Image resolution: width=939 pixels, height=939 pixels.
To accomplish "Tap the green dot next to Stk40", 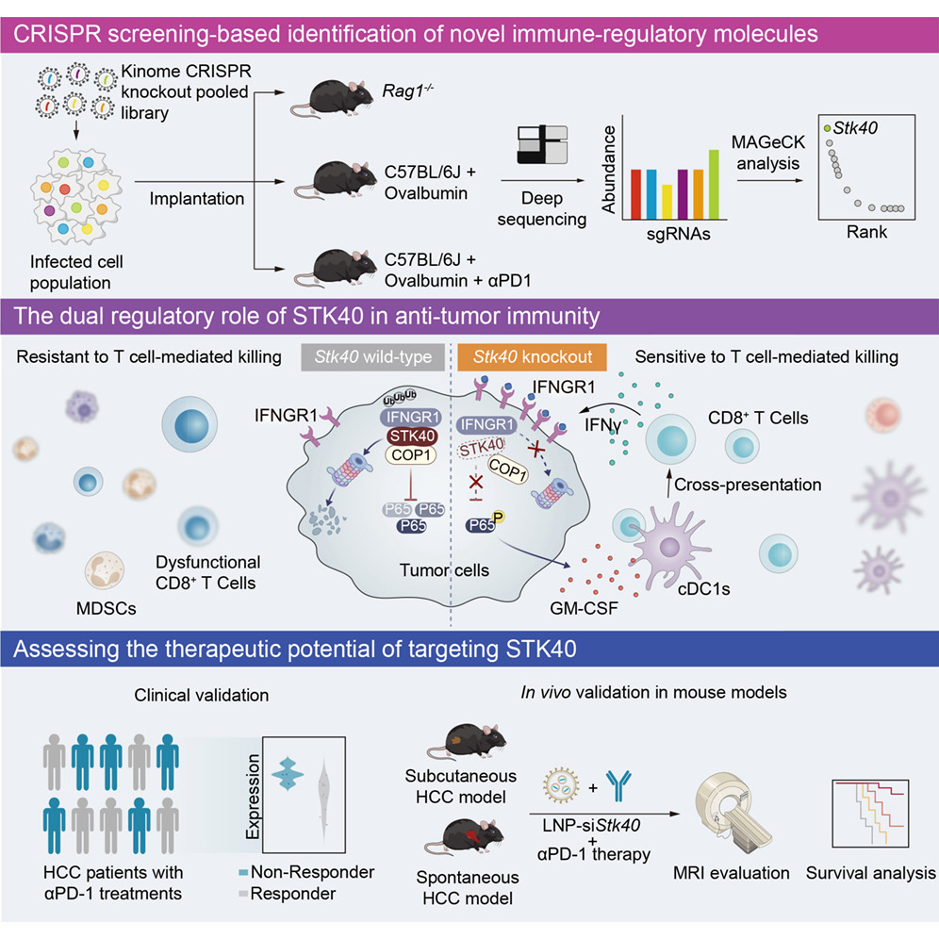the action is (827, 128).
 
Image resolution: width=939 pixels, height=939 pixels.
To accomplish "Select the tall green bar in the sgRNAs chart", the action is (714, 185).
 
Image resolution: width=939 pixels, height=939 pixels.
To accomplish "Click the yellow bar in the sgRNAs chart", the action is (667, 202).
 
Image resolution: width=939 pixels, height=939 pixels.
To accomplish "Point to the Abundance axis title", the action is (608, 170).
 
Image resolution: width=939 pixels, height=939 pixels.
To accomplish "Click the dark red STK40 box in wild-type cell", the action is (412, 436).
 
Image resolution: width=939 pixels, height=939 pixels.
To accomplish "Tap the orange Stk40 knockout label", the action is (532, 357).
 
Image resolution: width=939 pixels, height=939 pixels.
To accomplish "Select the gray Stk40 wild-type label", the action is (372, 357).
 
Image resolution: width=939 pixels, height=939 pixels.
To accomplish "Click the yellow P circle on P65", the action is (498, 517).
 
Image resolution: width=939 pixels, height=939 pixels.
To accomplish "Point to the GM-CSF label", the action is (584, 608).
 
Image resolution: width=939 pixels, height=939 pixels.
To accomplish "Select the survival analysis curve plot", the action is (871, 814).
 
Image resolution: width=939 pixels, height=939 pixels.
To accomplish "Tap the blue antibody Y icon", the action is (618, 785).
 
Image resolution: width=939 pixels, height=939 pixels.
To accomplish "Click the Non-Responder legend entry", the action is (306, 872).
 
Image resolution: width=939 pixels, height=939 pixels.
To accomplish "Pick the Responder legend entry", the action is (287, 894).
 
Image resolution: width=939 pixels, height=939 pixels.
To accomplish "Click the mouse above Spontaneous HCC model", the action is (465, 837).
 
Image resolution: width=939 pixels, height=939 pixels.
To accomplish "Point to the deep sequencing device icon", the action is (542, 144).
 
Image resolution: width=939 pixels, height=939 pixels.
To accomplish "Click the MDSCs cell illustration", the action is (105, 570).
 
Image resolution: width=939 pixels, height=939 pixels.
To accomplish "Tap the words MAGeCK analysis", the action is (768, 153).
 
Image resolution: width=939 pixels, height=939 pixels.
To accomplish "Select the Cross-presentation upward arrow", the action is (669, 484).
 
